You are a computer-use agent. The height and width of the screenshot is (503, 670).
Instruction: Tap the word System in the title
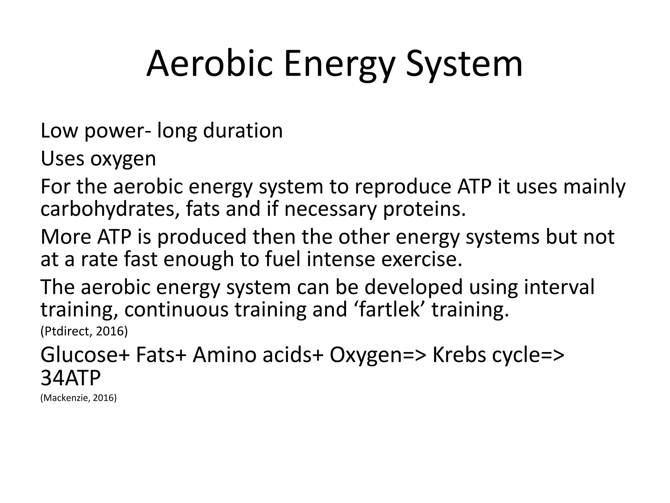(464, 64)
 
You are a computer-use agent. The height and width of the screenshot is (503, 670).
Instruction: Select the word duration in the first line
(243, 131)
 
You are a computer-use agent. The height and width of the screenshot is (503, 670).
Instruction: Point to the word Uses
(62, 159)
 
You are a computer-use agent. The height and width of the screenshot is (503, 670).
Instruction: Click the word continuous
(176, 309)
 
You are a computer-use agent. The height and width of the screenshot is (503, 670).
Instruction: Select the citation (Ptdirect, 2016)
(84, 331)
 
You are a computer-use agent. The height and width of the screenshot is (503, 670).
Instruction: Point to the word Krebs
(459, 355)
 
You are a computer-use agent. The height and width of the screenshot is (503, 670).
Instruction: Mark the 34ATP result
(70, 378)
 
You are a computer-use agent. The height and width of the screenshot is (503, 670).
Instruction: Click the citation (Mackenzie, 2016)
(79, 398)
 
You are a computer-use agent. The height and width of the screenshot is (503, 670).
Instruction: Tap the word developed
(414, 287)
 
